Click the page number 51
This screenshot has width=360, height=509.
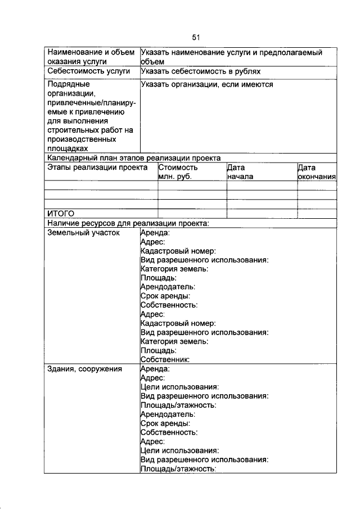(x=196, y=38)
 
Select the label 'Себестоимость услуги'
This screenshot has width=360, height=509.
(x=88, y=71)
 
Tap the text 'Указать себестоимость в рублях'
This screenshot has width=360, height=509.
(x=200, y=71)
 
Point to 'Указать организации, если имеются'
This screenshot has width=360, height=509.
(x=206, y=84)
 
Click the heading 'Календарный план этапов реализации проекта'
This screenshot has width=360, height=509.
(x=133, y=157)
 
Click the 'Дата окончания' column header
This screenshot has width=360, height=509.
(x=316, y=172)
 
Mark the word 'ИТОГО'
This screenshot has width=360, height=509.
(x=61, y=213)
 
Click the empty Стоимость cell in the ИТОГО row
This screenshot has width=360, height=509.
(x=191, y=213)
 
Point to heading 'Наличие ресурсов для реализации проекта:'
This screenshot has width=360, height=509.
(x=128, y=223)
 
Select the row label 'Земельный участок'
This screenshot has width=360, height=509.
(x=83, y=232)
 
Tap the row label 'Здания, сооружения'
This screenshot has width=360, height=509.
(x=84, y=369)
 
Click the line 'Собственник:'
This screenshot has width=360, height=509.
(x=165, y=359)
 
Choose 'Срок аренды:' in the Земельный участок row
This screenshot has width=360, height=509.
(x=165, y=296)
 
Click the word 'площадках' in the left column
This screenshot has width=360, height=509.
(x=67, y=148)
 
